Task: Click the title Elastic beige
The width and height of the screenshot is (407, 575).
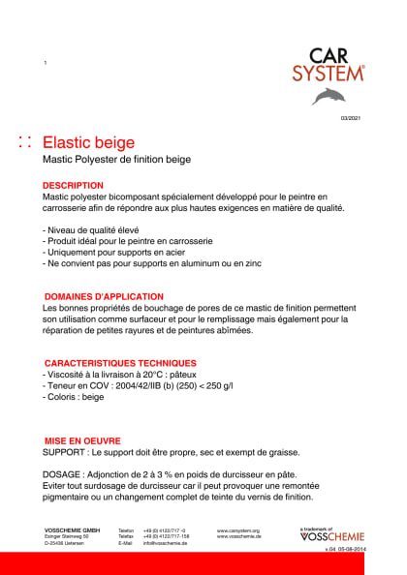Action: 95,142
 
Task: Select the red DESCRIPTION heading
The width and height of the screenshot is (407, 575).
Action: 73,185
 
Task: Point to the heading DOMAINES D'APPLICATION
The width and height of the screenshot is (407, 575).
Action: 105,296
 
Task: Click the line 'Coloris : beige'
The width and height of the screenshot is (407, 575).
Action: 75,397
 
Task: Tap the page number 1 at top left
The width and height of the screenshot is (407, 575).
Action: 46,63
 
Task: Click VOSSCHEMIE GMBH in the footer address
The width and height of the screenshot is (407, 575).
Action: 73,530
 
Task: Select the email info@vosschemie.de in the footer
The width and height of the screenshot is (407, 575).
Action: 165,544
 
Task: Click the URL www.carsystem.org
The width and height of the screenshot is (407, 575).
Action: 237,530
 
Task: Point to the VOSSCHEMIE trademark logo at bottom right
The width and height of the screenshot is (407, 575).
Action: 332,535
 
